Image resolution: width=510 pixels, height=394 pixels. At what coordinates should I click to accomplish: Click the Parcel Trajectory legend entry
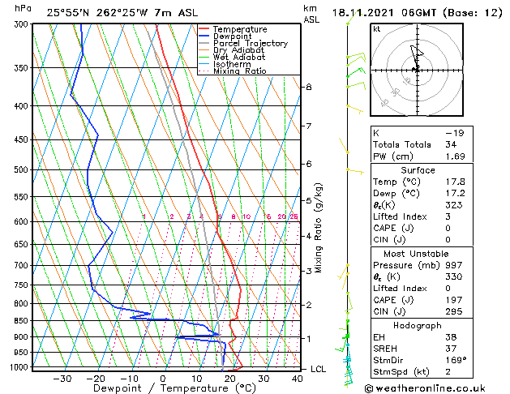[250, 43]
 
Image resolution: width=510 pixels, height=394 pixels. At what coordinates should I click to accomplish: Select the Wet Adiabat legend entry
[242, 57]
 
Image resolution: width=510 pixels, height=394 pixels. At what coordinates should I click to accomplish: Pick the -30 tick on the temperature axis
[62, 378]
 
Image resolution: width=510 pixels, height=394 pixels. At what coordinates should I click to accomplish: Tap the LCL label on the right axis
[319, 369]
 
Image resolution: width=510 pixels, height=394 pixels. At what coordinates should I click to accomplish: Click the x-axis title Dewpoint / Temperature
[162, 388]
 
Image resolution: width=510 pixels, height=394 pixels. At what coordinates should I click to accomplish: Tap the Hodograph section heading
[418, 325]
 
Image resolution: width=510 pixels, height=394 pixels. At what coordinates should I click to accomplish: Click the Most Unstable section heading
[418, 254]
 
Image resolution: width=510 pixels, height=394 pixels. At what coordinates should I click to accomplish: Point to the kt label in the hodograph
[377, 29]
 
